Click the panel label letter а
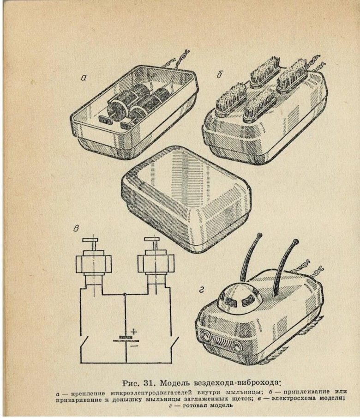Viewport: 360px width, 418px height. point(84,78)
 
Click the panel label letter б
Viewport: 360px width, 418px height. point(219,75)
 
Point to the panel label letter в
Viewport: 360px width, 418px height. point(77,229)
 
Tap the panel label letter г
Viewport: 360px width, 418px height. point(201,290)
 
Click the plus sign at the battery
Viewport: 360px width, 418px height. point(134,332)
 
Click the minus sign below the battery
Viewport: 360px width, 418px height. point(135,346)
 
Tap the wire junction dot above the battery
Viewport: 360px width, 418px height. point(125,294)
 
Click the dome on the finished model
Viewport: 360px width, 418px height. point(237,296)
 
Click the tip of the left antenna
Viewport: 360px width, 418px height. point(259,235)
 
